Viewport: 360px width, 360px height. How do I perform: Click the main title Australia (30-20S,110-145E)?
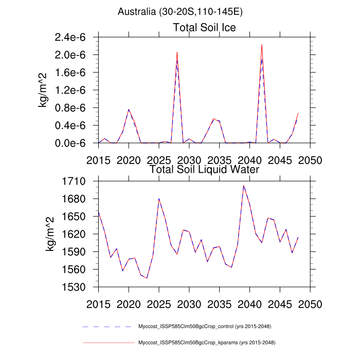point(180,11)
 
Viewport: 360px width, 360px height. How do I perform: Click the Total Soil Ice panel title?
point(204,27)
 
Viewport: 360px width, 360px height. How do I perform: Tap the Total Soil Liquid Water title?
point(204,169)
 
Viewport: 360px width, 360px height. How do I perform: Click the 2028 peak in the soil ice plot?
point(177,52)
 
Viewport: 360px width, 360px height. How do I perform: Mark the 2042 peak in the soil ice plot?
point(262,45)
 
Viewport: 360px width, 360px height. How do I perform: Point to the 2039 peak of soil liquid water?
point(244,186)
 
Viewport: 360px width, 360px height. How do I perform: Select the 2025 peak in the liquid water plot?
point(159,199)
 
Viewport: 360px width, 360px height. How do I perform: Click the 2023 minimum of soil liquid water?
point(147,278)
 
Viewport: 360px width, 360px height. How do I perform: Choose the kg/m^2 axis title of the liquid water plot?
point(50,234)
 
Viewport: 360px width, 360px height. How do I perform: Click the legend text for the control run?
point(205,327)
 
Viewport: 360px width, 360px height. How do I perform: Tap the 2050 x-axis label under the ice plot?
point(310,159)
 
